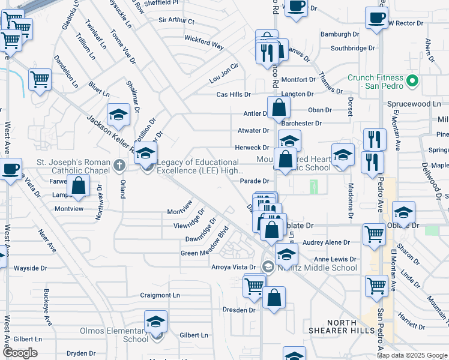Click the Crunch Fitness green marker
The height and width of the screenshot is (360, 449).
(412, 80)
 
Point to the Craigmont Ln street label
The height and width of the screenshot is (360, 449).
(160, 295)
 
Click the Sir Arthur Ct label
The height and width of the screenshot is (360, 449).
(176, 20)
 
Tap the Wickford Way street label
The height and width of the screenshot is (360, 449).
(204, 46)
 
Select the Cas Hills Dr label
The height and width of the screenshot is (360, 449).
(234, 95)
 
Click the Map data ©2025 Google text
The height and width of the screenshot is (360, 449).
(412, 355)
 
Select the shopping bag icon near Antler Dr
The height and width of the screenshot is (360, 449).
(279, 108)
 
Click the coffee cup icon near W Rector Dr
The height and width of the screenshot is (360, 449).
(376, 18)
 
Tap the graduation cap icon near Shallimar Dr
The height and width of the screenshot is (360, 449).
(119, 114)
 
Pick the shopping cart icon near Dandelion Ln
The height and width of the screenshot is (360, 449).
(40, 79)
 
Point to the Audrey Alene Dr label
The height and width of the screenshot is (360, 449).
(327, 242)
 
